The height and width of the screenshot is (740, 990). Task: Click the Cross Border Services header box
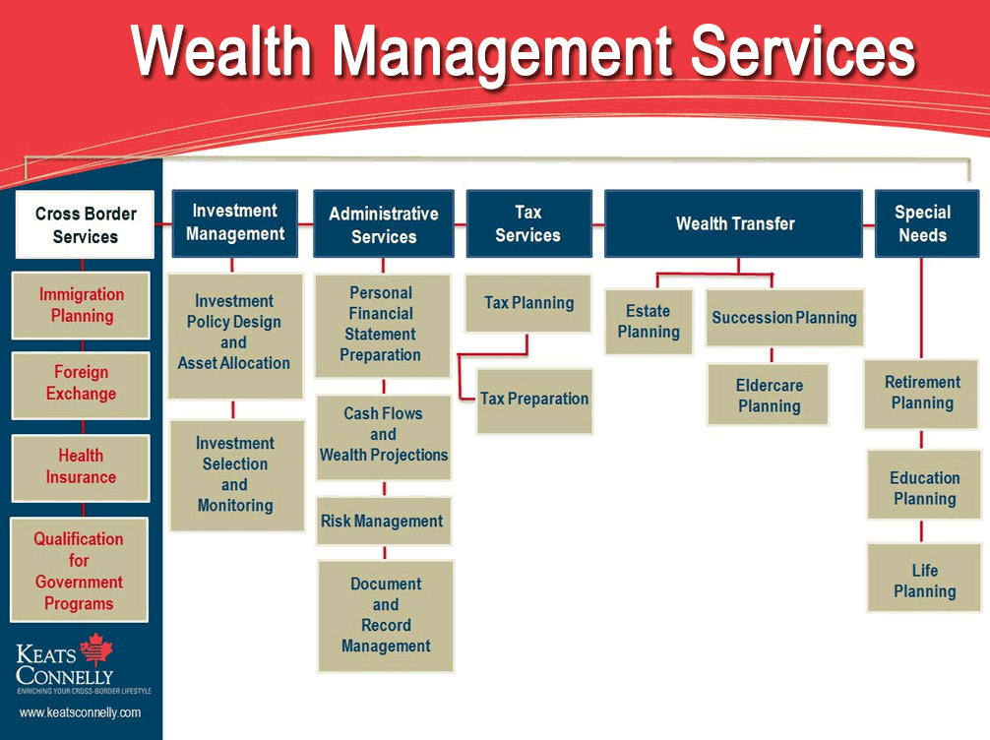tap(85, 224)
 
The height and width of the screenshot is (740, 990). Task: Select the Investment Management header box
tap(234, 222)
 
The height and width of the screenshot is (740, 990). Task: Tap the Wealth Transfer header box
tap(735, 223)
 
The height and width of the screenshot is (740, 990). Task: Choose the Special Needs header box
tap(922, 223)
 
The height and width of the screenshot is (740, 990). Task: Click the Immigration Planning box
tap(82, 305)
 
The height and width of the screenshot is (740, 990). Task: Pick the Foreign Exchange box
tap(81, 383)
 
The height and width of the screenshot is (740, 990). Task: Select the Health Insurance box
tap(81, 466)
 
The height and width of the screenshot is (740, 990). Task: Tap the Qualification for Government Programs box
tap(79, 571)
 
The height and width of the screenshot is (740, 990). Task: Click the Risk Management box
tap(383, 522)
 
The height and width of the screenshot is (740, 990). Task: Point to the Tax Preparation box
tap(534, 400)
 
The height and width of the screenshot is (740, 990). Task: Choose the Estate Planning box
tap(649, 322)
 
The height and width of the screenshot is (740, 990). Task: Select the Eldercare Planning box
tap(769, 396)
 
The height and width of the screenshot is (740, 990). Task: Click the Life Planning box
tap(924, 581)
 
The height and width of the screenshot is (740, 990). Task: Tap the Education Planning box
tap(924, 488)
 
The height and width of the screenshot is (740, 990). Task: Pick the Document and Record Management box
tap(386, 615)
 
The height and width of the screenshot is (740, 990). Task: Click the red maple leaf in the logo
tap(96, 649)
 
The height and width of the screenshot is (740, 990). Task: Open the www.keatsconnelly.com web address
tap(80, 712)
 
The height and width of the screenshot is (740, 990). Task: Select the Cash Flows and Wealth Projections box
tap(383, 434)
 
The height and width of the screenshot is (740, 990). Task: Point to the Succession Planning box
tap(784, 318)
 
